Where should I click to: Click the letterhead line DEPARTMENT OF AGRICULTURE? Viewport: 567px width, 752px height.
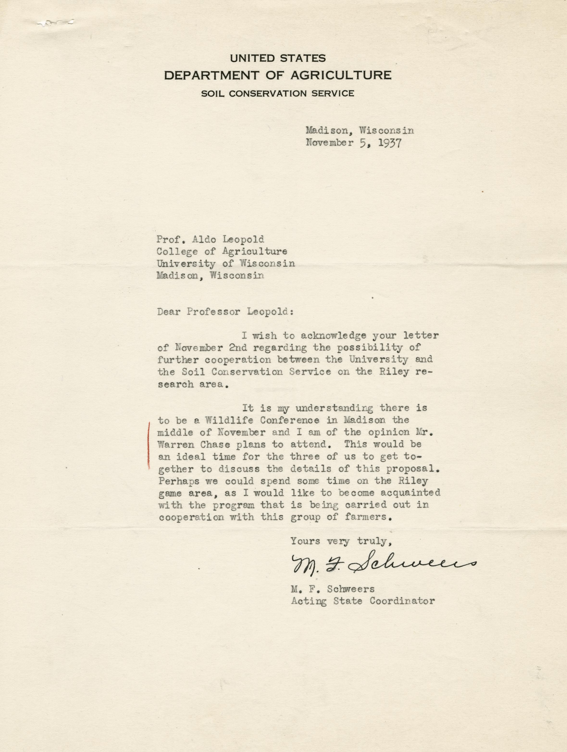277,75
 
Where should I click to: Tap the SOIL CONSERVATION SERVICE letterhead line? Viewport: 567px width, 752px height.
277,93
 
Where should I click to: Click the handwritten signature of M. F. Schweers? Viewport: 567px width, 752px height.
382,564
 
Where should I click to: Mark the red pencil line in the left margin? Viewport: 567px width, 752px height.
149,445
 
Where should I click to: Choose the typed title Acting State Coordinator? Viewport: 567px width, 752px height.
363,601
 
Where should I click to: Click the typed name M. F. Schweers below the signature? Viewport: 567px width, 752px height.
332,589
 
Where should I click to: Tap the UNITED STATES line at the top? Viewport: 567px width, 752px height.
278,58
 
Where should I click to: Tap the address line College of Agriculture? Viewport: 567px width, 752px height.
222,252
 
